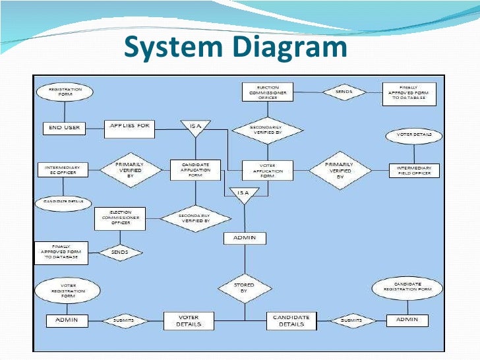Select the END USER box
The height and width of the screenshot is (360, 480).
(x=64, y=127)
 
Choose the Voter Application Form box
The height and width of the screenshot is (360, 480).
(x=267, y=171)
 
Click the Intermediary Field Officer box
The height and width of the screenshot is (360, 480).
(x=413, y=171)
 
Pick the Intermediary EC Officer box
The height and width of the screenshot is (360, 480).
(x=62, y=171)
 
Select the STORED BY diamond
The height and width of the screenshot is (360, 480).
(x=244, y=288)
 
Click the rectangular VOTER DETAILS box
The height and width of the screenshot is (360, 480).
(x=188, y=320)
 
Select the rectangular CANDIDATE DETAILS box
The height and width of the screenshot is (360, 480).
(x=291, y=320)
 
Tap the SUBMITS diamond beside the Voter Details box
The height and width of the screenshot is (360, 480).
(x=123, y=320)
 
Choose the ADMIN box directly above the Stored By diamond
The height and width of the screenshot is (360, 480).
(x=245, y=237)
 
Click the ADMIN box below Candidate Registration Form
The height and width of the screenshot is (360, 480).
(x=406, y=320)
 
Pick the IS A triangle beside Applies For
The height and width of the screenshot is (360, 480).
(x=196, y=128)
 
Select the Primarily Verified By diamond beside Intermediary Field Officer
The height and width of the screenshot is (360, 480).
(x=340, y=171)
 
